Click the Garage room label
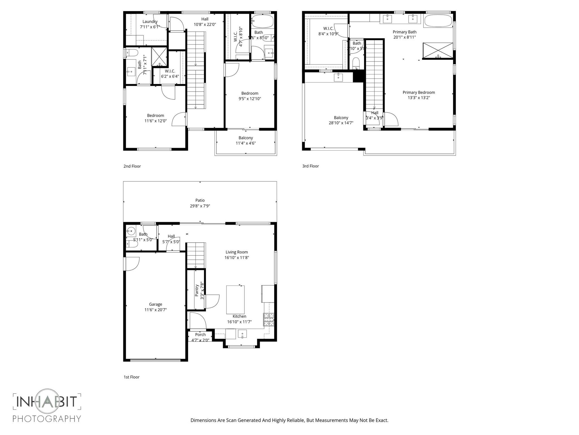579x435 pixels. (155, 304)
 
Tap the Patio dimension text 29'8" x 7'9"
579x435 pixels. (200, 206)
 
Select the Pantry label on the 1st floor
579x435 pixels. (197, 290)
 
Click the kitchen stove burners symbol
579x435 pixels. (269, 319)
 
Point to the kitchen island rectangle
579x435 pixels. (235, 299)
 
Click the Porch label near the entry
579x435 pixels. (200, 334)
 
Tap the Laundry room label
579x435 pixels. (150, 22)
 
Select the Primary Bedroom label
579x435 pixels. (419, 92)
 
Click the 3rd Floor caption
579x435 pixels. (310, 166)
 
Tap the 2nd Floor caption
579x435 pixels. (132, 166)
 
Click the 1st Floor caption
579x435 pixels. (131, 377)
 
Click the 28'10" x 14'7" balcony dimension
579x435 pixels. (341, 123)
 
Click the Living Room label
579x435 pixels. (237, 252)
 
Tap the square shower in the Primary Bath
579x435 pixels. (438, 51)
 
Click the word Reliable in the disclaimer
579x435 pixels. (295, 420)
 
